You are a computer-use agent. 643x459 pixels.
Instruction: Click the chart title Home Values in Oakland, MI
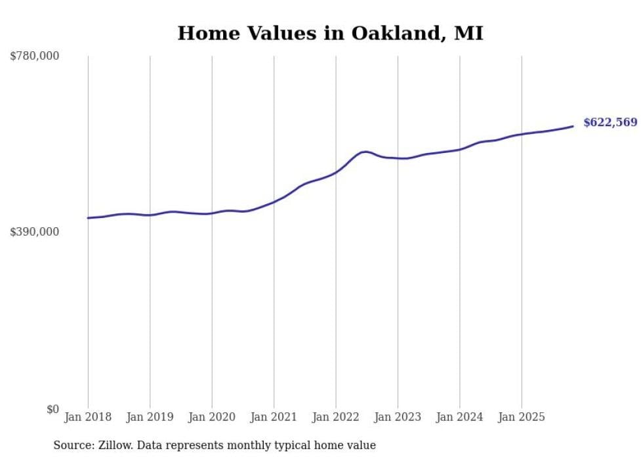point(330,33)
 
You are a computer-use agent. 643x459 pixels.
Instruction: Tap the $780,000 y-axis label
point(35,56)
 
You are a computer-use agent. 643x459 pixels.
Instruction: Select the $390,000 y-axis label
point(35,232)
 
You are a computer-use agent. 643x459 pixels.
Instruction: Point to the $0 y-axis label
point(52,409)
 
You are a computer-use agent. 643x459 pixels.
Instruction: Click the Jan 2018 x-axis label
point(88,417)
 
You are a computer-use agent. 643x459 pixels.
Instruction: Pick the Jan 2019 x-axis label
point(150,417)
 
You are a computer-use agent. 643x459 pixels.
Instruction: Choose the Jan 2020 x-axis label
point(212,417)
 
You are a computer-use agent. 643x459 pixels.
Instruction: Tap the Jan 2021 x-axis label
point(274,417)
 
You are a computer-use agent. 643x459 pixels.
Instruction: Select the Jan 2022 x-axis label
point(336,417)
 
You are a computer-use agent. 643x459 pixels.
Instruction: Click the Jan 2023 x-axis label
point(398,417)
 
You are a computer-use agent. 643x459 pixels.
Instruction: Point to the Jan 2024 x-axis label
point(459,417)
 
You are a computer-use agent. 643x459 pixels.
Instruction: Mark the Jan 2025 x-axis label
point(522,417)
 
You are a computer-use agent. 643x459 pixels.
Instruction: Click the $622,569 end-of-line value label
point(610,123)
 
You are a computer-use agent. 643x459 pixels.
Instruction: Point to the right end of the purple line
point(573,126)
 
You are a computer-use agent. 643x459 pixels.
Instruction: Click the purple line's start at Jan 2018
point(89,218)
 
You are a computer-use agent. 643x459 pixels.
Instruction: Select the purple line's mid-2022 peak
point(365,152)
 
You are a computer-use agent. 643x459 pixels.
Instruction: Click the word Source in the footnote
point(72,446)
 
